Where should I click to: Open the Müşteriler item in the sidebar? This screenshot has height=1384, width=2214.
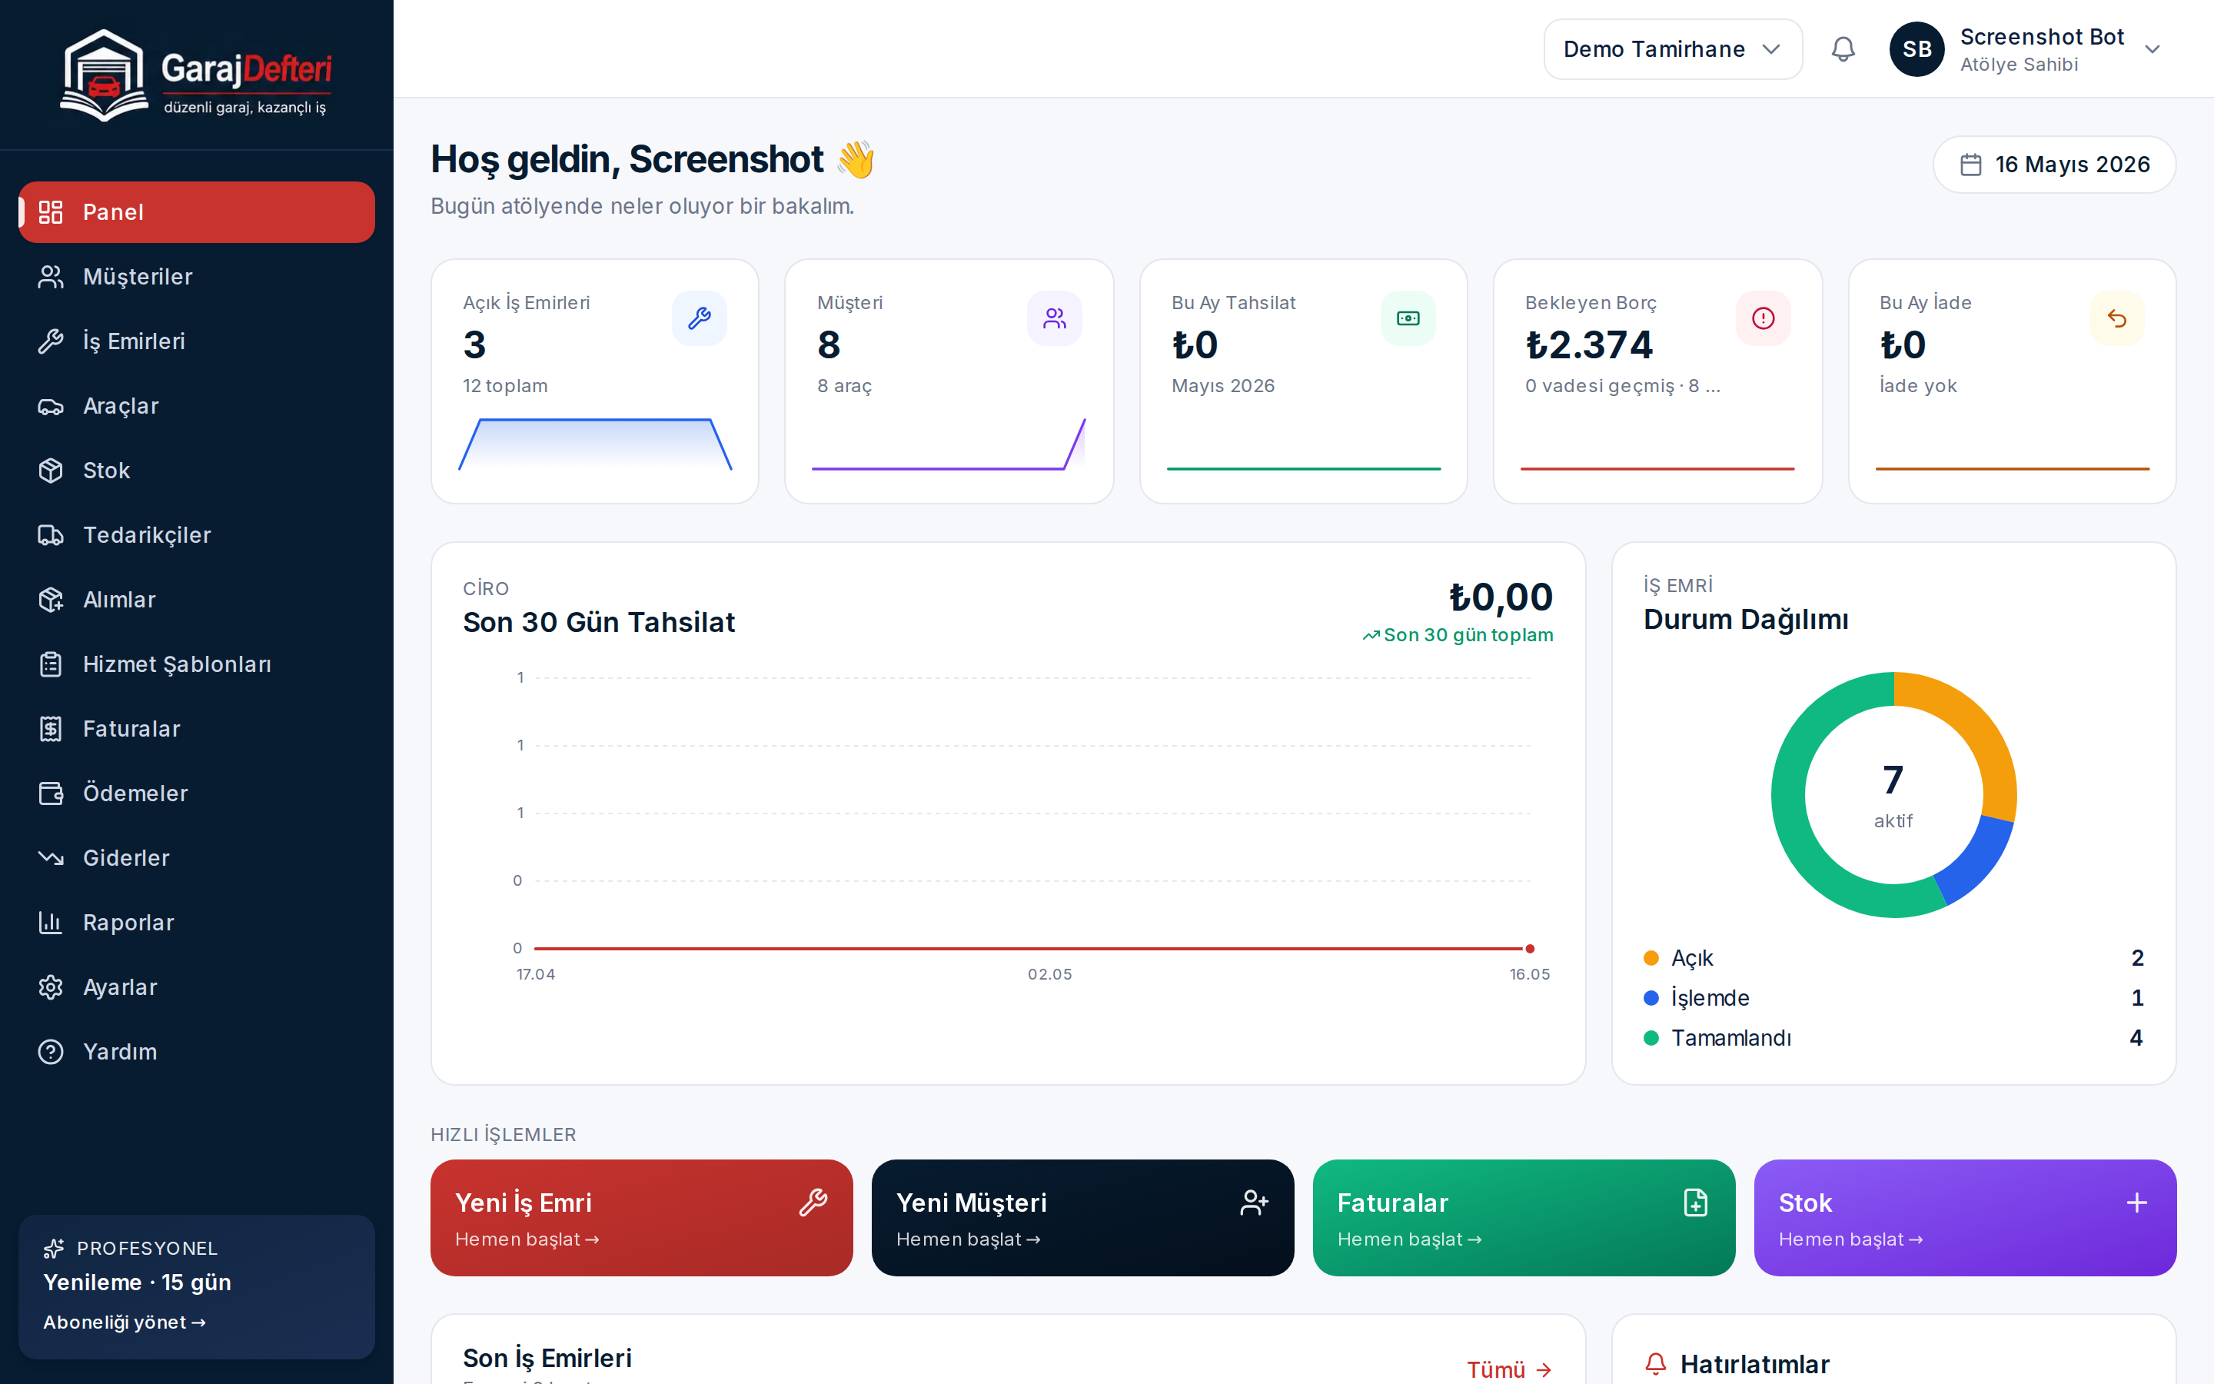(x=138, y=277)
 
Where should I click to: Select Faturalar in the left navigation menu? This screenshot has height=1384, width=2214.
(x=131, y=729)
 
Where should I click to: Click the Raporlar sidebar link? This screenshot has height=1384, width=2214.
(x=128, y=923)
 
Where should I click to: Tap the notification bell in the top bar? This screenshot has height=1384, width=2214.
(x=1843, y=49)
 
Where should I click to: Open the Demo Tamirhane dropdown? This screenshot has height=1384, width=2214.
(x=1672, y=49)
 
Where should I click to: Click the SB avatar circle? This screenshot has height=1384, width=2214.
(x=1916, y=49)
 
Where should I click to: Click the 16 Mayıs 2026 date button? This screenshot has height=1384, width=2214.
(x=2054, y=165)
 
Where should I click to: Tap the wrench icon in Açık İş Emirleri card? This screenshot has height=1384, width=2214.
(x=699, y=318)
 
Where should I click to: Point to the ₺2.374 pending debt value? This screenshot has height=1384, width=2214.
(x=1589, y=345)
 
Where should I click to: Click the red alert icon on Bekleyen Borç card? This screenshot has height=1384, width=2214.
(x=1763, y=318)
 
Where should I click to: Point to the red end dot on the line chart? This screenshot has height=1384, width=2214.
(x=1530, y=948)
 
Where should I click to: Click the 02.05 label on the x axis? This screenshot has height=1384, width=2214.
(x=1049, y=974)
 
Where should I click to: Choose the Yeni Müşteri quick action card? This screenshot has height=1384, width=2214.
(x=1082, y=1217)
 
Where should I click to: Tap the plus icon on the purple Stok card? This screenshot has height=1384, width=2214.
(x=2137, y=1203)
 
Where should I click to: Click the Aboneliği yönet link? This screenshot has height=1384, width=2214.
(x=125, y=1322)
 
